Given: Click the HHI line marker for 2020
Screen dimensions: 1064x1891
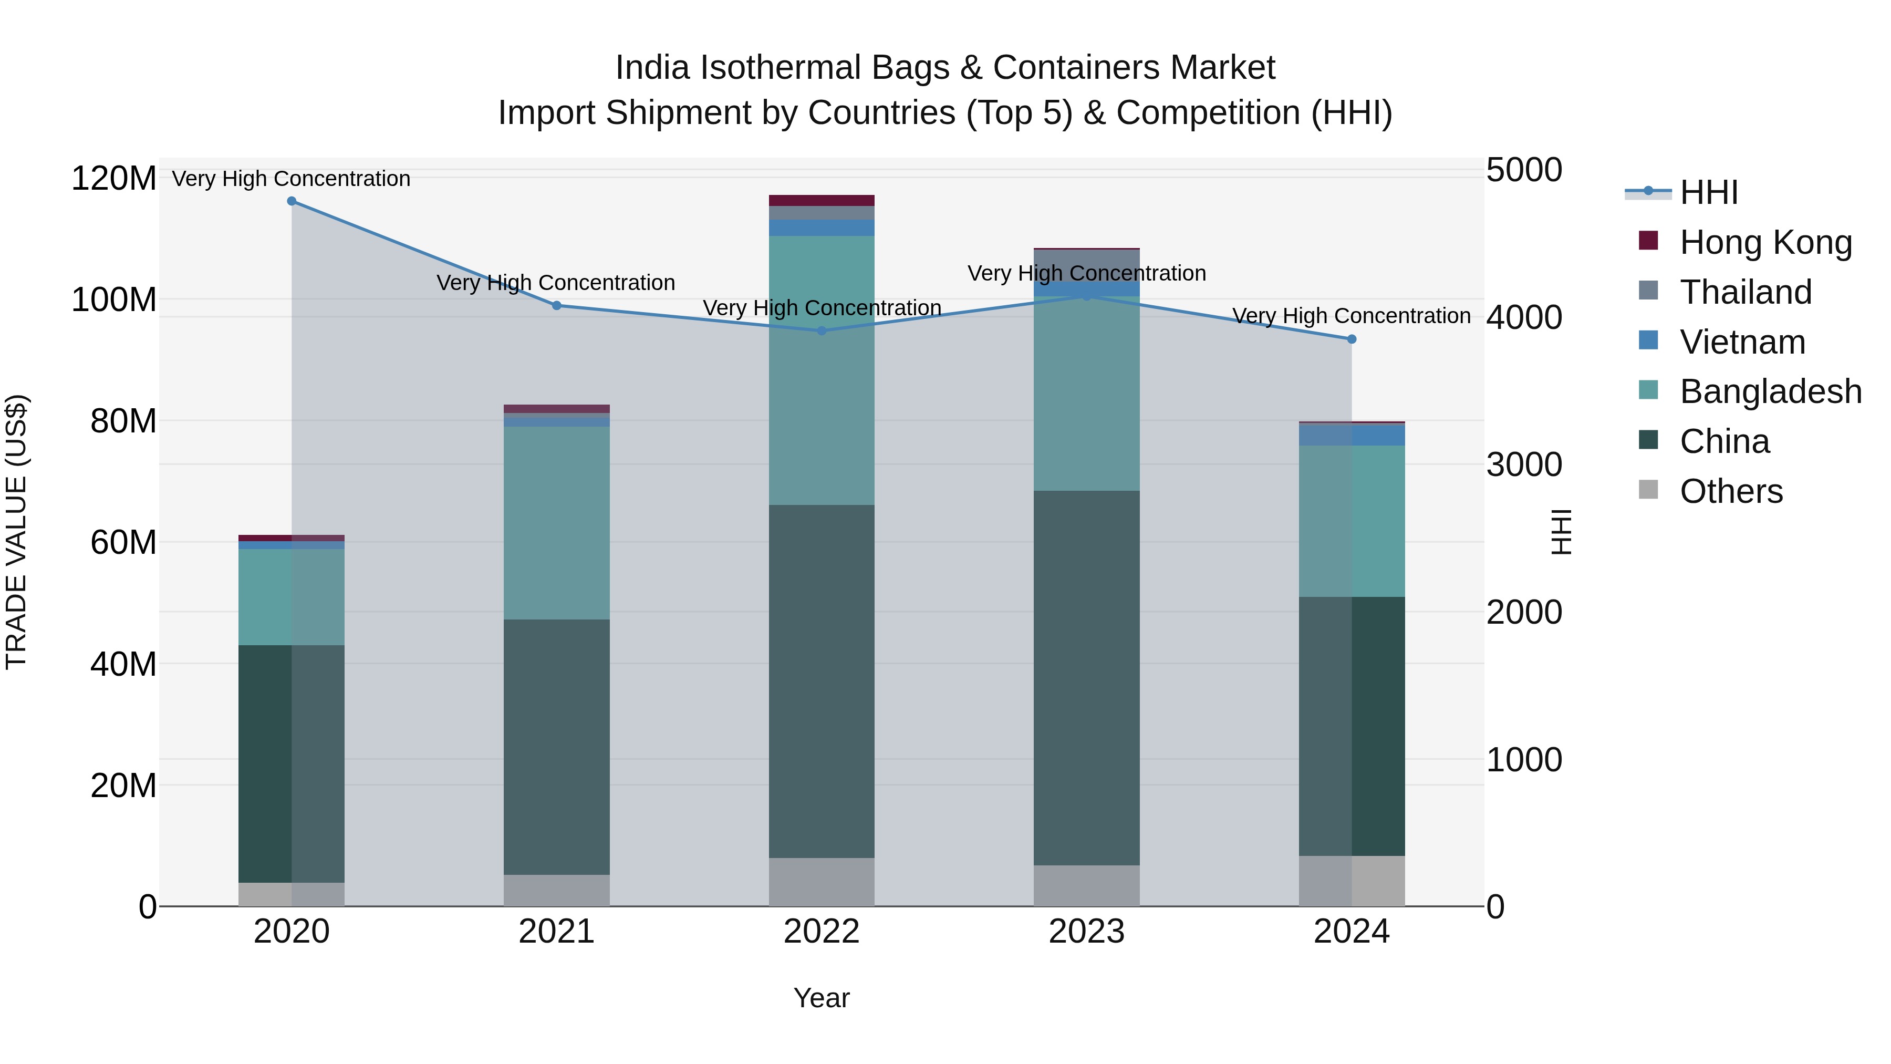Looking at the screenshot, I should click(x=292, y=201).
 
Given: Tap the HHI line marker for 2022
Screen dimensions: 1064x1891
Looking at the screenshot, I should click(x=822, y=330).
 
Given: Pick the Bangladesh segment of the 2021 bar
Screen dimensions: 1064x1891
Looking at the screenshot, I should click(x=556, y=523).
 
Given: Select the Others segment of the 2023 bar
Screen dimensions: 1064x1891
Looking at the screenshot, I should click(x=1086, y=885).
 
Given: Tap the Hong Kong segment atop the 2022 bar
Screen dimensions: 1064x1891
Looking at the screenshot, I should click(x=822, y=201).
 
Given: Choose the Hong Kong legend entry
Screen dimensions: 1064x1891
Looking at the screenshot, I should click(x=1765, y=242).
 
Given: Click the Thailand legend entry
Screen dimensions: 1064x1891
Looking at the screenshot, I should click(x=1745, y=292).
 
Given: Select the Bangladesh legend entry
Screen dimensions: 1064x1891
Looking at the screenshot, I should click(x=1770, y=391).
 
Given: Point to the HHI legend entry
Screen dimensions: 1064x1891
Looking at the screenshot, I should click(x=1708, y=192).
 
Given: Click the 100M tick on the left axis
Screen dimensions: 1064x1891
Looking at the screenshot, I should click(x=114, y=299).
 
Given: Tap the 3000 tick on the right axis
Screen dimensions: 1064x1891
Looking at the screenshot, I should click(x=1524, y=465).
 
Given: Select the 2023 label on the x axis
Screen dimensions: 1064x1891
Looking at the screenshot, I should click(x=1086, y=932).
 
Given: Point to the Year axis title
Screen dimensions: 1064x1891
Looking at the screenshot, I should click(x=822, y=998).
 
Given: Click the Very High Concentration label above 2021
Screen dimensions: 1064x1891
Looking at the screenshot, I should click(x=556, y=283).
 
